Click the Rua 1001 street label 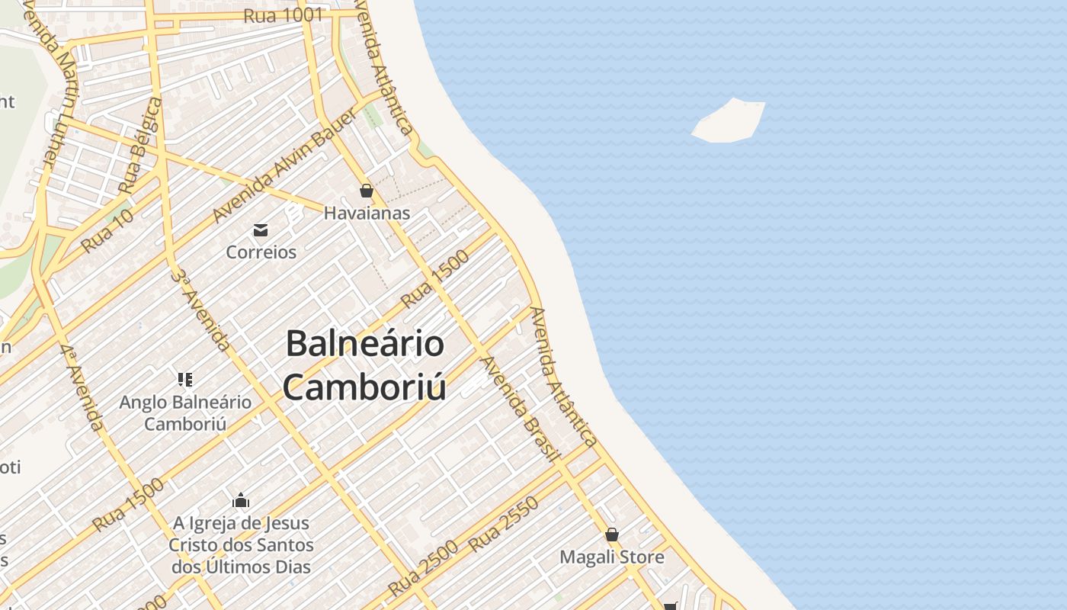(x=284, y=15)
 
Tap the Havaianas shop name (x=367, y=213)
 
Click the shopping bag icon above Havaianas (x=367, y=191)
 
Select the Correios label (x=261, y=252)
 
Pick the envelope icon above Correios (x=261, y=230)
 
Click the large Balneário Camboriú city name (x=364, y=364)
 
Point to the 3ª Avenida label (x=200, y=310)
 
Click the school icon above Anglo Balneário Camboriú (x=184, y=379)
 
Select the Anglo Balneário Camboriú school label (x=185, y=413)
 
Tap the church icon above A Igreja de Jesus (x=241, y=501)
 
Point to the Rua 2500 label (x=423, y=568)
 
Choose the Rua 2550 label (x=503, y=524)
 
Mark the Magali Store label (x=612, y=557)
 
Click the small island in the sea (x=729, y=120)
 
